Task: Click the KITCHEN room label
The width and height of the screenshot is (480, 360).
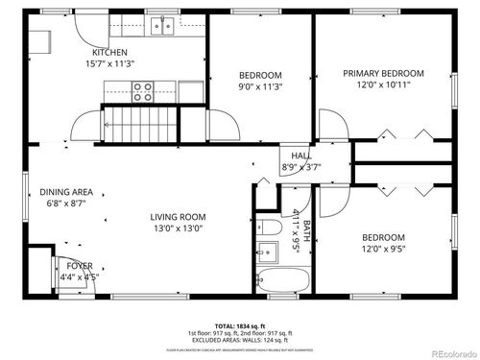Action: tap(109, 52)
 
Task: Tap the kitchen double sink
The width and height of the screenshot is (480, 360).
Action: tap(164, 24)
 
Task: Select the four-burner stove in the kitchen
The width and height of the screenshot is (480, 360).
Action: tap(143, 91)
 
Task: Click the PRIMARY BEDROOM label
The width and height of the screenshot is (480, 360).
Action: tap(384, 73)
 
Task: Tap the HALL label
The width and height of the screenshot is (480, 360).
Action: tap(300, 156)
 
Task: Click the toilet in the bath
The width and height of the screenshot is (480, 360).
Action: tap(270, 228)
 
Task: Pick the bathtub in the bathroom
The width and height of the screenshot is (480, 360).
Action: tap(283, 280)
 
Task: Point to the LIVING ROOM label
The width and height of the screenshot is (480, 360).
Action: tap(179, 217)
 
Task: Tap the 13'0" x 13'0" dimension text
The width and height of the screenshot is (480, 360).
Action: tap(179, 228)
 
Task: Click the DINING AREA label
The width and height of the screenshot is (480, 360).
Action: tap(65, 192)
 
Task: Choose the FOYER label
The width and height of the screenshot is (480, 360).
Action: tap(80, 266)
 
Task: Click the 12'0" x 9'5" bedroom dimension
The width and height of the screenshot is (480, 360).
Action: tap(383, 250)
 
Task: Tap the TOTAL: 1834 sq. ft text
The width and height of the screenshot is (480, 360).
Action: tap(240, 325)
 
